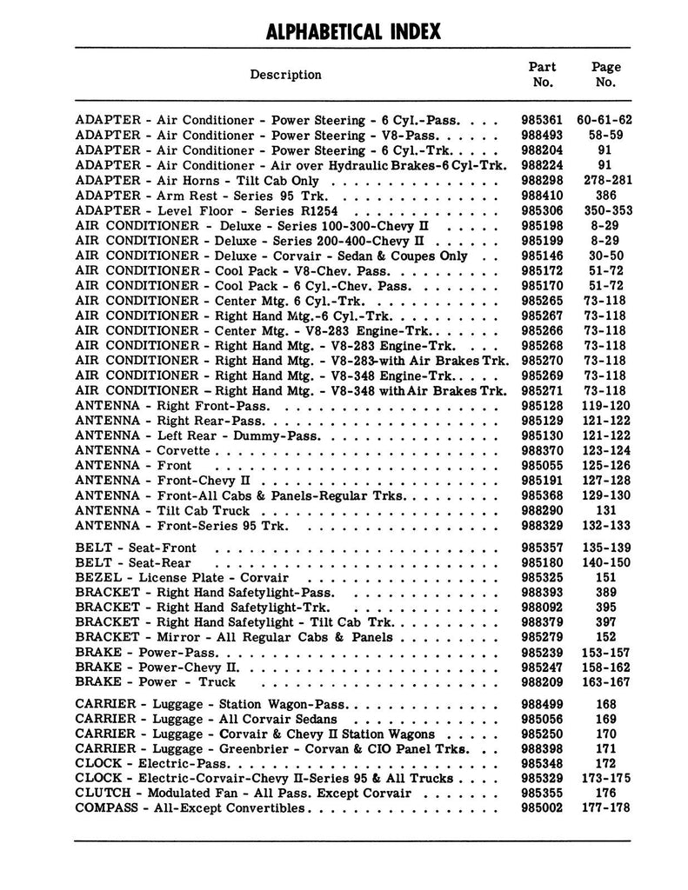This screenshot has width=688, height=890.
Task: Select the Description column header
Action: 285,75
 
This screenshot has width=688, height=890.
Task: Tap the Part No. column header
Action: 542,75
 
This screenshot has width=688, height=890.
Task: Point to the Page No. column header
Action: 605,75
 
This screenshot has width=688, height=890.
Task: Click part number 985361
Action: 542,120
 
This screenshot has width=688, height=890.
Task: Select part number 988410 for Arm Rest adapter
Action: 542,196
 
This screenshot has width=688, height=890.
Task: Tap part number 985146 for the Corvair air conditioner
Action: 542,256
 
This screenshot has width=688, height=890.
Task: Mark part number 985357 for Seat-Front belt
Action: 542,548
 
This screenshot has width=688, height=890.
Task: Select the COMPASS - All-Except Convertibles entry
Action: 190,808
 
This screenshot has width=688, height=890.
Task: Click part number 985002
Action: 542,808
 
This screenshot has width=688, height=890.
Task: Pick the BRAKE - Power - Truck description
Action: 156,682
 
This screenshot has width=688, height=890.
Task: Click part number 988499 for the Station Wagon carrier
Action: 542,704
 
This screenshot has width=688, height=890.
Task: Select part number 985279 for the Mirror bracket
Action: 542,637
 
